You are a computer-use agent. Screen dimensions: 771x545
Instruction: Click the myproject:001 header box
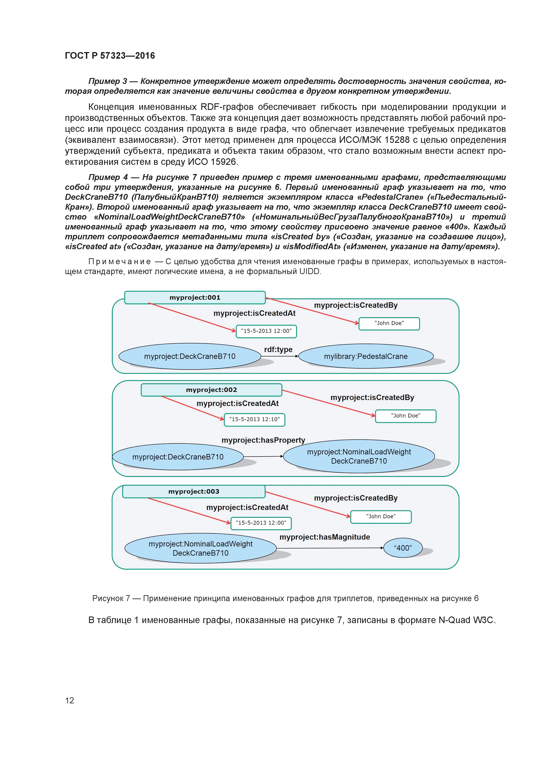pos(195,298)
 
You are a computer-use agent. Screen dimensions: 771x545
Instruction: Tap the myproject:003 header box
pos(194,492)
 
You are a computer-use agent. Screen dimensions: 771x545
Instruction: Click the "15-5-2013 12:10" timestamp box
pos(254,419)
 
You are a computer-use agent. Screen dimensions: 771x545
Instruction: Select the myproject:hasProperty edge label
pos(263,440)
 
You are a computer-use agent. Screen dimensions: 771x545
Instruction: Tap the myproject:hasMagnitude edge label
pos(325,537)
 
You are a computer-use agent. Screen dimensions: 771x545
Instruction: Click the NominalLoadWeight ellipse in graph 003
pos(200,548)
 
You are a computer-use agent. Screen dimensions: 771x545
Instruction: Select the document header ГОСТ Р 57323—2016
pos(110,56)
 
